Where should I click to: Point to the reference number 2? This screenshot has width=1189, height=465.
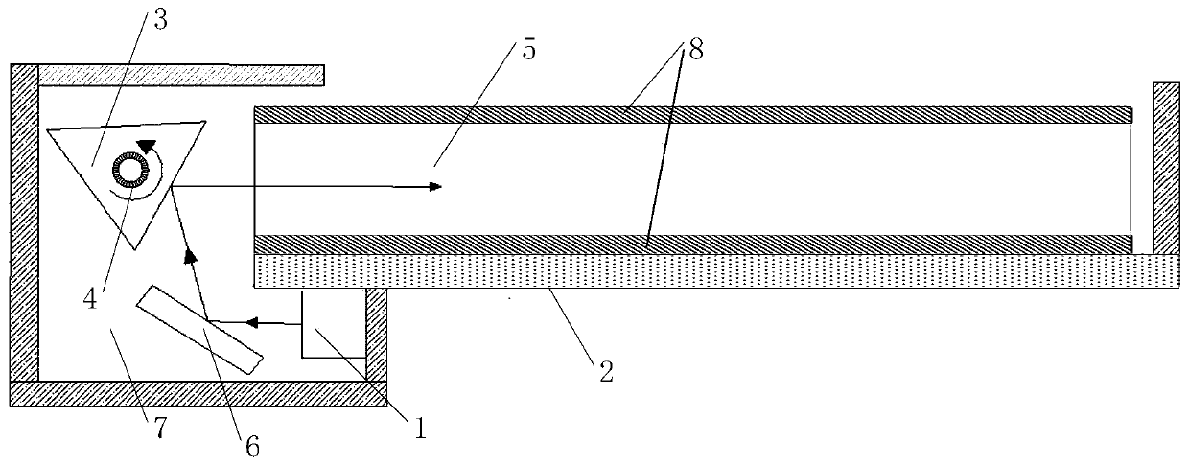(x=604, y=369)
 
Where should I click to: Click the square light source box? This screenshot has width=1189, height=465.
(x=333, y=324)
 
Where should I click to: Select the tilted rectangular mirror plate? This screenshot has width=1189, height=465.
(x=199, y=329)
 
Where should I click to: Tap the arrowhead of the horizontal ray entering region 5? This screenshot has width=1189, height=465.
(x=435, y=186)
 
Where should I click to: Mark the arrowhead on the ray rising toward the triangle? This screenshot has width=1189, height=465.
(x=190, y=255)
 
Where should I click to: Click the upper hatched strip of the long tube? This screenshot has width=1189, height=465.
(x=690, y=114)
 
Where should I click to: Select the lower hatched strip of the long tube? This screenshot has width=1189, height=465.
(x=690, y=244)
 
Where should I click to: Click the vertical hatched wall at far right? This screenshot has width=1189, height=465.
(x=1165, y=173)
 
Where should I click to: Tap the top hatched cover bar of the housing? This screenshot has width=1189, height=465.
(x=180, y=73)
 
